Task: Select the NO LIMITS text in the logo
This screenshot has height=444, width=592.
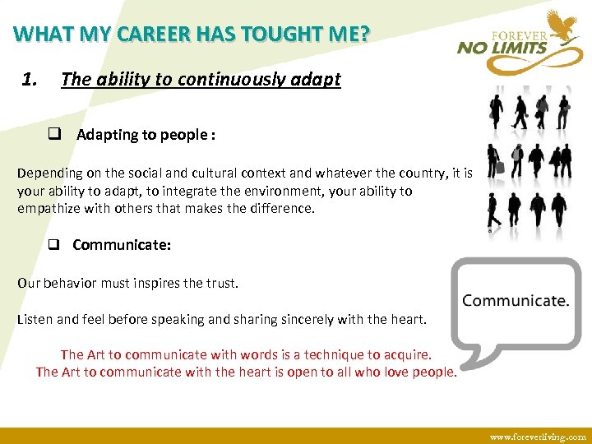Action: [x=502, y=48]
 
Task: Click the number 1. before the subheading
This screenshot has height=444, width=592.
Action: [x=30, y=80]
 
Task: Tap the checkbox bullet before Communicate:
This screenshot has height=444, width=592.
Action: [x=55, y=244]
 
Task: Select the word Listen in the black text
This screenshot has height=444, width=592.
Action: [x=35, y=319]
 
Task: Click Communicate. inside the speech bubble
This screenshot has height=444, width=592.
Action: [x=516, y=301]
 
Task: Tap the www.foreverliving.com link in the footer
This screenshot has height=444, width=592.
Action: [x=538, y=437]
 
